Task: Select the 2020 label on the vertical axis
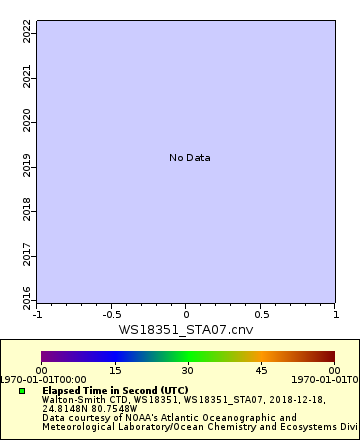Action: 27,121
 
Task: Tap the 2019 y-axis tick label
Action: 27,165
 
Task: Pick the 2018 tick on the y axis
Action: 27,209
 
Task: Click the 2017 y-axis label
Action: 27,253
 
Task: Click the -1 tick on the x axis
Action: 38,314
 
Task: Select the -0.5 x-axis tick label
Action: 111,314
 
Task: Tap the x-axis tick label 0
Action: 187,314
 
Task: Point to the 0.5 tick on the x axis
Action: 261,314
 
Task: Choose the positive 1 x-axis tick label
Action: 335,314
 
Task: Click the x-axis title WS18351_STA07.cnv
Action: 186,329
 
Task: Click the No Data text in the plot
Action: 190,158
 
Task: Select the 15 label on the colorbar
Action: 114,370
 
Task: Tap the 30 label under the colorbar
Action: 187,370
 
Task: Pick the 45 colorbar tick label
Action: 260,370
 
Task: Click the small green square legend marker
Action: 22,391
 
